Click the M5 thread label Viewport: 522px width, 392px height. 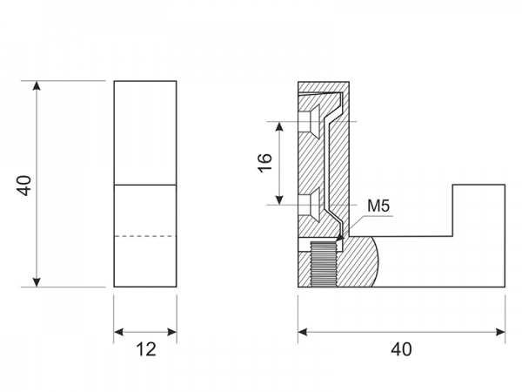pos(378,206)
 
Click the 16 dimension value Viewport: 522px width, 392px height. pos(265,163)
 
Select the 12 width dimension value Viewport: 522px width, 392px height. pos(146,349)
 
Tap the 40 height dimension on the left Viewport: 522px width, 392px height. pos(24,186)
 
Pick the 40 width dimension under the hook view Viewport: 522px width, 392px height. pos(401,349)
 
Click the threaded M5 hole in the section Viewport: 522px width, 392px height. pos(324,264)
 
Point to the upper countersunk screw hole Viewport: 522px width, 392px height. pos(309,121)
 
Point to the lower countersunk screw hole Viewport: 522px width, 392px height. pos(309,205)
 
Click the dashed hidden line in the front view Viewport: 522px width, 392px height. pos(145,236)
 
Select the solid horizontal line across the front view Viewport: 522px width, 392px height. pos(145,185)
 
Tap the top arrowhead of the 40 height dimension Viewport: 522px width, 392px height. pos(37,85)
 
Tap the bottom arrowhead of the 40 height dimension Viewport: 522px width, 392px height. pos(37,282)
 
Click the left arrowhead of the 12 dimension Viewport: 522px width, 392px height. pos(119,332)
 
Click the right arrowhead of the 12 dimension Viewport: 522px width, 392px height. pos(171,332)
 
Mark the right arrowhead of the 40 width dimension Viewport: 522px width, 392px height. pos(500,332)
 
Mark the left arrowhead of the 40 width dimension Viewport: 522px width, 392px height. pos(303,332)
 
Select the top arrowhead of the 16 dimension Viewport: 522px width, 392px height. pos(279,126)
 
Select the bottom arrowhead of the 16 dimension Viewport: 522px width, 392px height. pos(279,199)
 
